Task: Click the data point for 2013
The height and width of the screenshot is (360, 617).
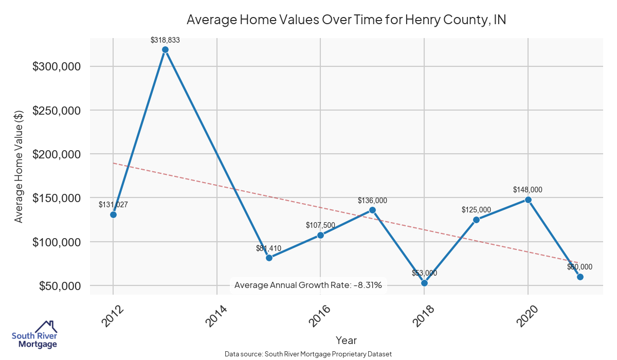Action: coord(165,50)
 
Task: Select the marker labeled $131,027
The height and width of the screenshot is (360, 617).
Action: coord(113,214)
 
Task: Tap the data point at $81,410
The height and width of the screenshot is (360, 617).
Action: coord(269,258)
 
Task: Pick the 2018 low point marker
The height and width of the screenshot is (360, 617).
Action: coord(424,283)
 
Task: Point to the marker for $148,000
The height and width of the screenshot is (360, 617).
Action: coord(528,200)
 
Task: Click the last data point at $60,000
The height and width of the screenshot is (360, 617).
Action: coord(580,277)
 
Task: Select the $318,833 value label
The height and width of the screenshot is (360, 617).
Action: coord(165,39)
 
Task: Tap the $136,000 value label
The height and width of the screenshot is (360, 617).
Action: coord(372,200)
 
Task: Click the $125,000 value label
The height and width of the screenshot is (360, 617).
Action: coord(476,210)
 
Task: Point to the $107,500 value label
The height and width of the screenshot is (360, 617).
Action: coord(320,225)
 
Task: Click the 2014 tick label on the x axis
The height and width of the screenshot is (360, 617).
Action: coord(216,315)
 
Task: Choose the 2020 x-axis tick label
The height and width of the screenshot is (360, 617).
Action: coord(527,315)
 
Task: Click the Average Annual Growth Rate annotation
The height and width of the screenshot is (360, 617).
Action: coord(308,285)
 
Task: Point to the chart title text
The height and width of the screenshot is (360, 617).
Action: coord(346,20)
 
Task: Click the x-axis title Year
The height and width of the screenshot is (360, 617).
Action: coord(346,340)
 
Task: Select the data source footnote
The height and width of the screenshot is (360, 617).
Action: coord(308,354)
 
